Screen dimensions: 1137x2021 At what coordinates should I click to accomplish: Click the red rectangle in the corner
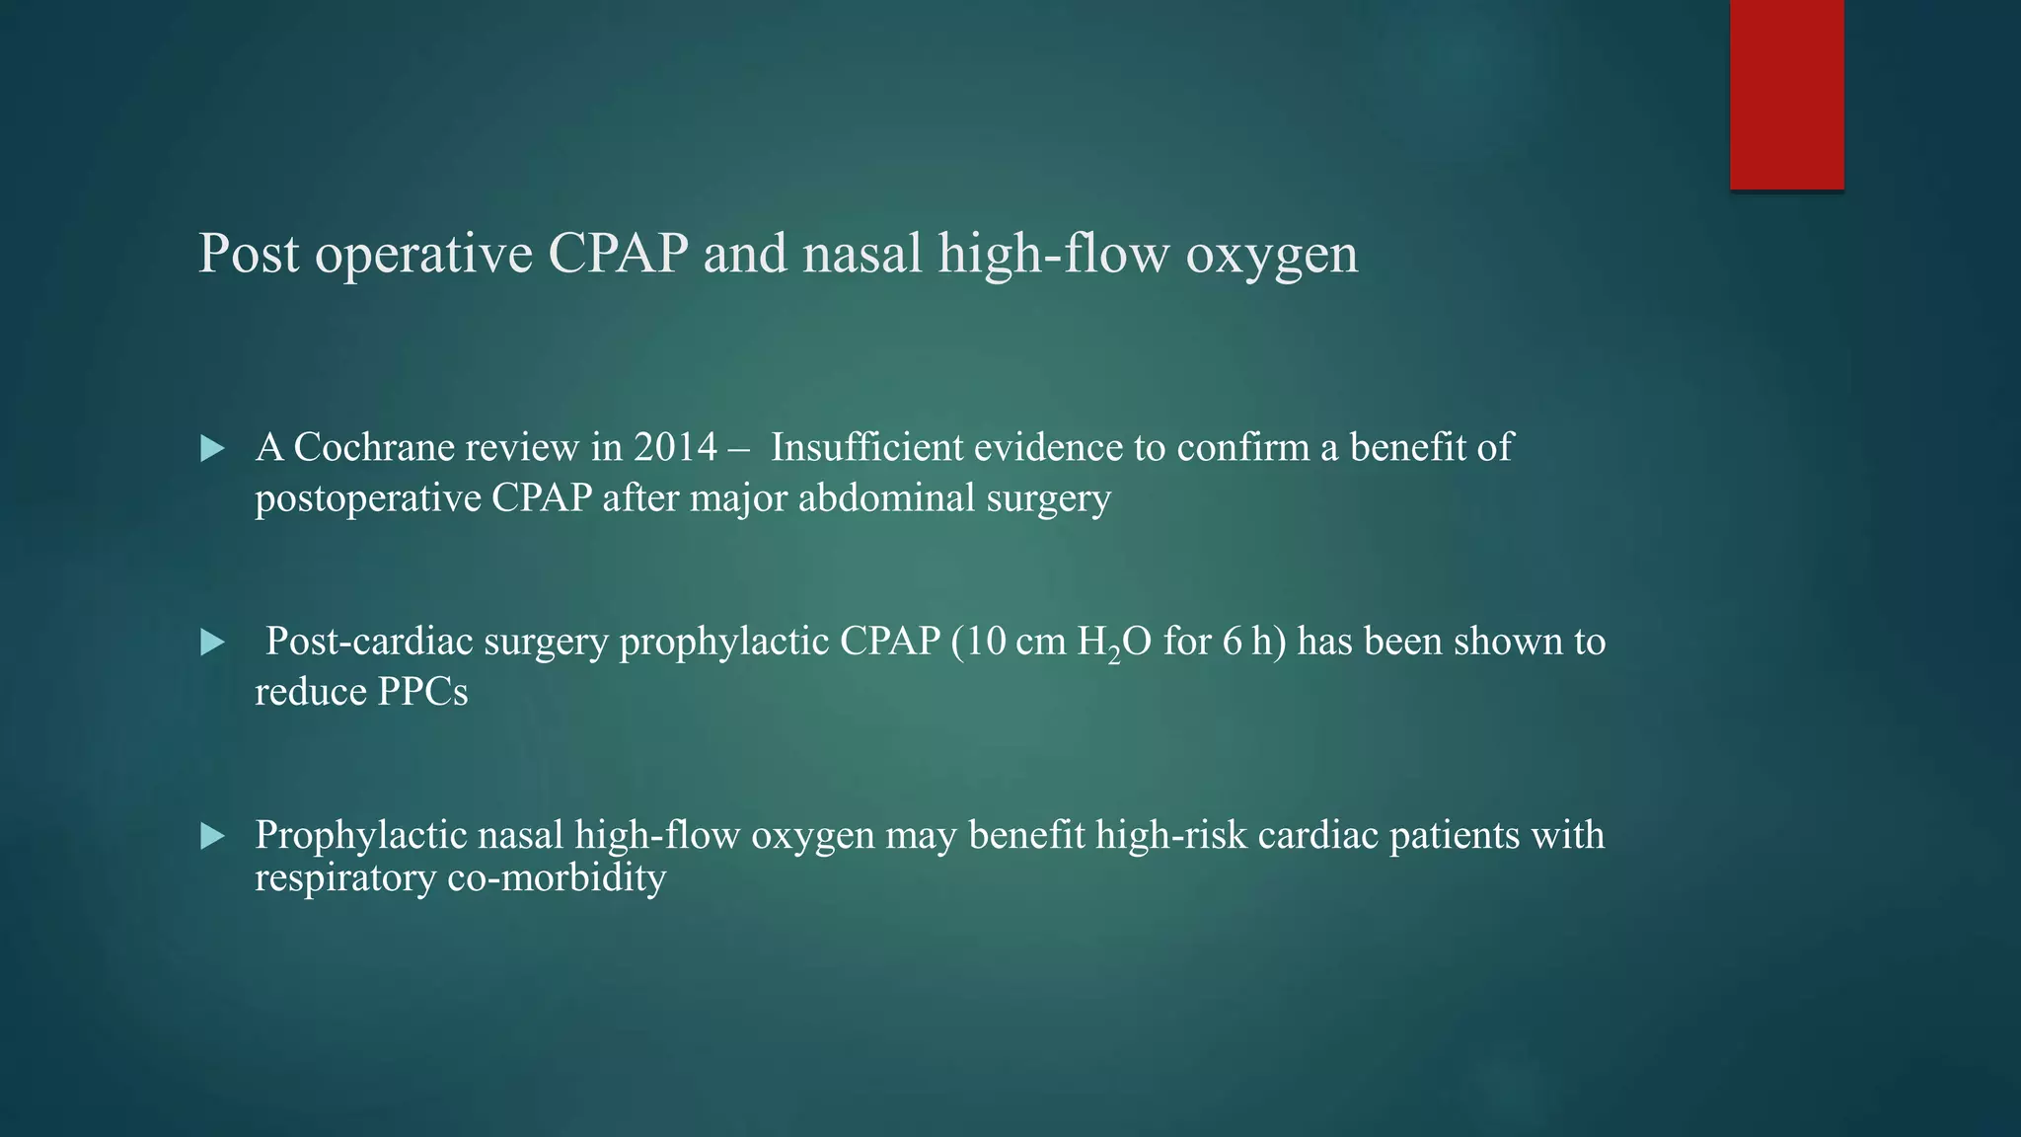pyautogui.click(x=1786, y=94)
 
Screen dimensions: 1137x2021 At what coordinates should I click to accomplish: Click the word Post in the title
pyautogui.click(x=249, y=254)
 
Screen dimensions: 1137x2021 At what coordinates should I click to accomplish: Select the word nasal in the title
pyautogui.click(x=861, y=254)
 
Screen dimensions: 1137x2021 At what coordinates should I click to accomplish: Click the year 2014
pyautogui.click(x=675, y=448)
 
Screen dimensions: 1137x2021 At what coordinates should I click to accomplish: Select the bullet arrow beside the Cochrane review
pyautogui.click(x=212, y=449)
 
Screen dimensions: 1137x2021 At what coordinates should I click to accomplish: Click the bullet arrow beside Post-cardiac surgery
pyautogui.click(x=212, y=643)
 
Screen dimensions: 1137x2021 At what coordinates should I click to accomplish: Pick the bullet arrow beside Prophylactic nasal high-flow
pyautogui.click(x=212, y=837)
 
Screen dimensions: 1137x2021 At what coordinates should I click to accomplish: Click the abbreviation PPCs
pyautogui.click(x=422, y=692)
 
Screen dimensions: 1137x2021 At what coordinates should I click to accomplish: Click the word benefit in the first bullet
pyautogui.click(x=1406, y=448)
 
